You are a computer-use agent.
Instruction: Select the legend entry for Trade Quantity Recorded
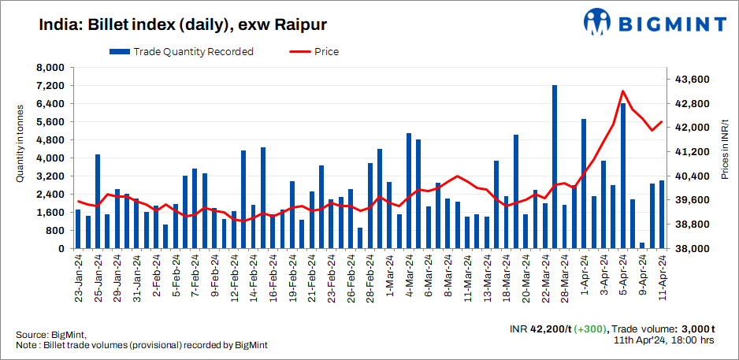[182, 52]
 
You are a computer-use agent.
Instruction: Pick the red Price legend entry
[314, 52]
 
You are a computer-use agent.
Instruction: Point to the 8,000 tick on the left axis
[50, 68]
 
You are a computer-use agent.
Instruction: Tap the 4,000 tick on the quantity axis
[50, 158]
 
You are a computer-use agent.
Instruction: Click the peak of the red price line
[623, 91]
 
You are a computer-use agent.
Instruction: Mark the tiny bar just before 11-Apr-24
[642, 245]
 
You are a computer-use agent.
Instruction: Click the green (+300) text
[589, 328]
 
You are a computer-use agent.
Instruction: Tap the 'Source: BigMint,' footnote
[50, 334]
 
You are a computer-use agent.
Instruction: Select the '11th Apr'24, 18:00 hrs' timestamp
[664, 341]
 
